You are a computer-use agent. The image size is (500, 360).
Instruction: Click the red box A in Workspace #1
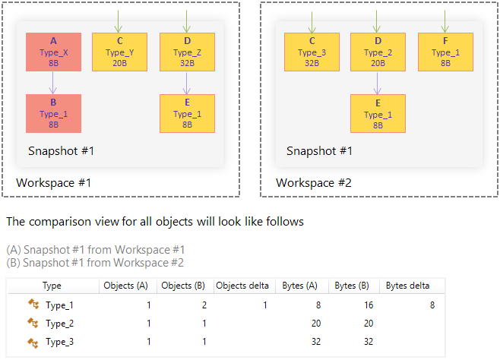click(53, 52)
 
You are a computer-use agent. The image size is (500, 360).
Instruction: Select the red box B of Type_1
click(53, 113)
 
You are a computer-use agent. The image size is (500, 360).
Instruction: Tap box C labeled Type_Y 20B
click(119, 52)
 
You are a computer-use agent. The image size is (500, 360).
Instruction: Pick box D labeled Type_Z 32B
click(187, 52)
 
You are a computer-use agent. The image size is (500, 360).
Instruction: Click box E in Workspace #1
click(187, 113)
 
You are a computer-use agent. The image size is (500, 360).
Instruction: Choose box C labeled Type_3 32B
click(312, 52)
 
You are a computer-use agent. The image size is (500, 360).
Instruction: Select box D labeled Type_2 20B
click(378, 52)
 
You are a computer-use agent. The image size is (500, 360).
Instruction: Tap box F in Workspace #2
click(445, 52)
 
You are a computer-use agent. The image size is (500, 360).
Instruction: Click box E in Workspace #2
click(378, 113)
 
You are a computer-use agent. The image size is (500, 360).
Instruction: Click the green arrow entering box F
click(445, 21)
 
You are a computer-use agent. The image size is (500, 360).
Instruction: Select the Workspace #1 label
click(54, 183)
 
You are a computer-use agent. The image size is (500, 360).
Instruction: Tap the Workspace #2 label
click(314, 183)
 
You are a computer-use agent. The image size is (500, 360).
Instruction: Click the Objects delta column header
click(242, 286)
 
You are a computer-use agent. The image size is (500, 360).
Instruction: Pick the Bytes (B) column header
click(351, 286)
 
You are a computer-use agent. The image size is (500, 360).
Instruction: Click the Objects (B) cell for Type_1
click(203, 305)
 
